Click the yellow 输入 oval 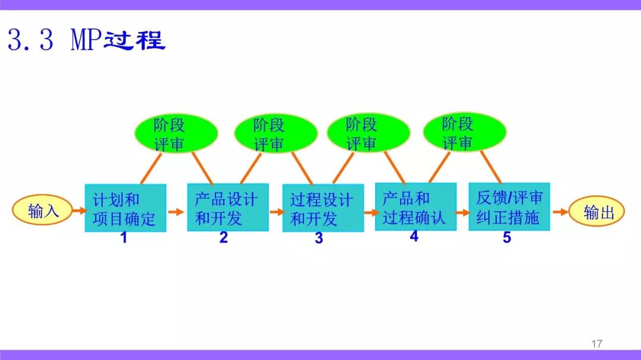(43, 210)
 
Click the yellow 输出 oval (596, 211)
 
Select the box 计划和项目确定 (125, 208)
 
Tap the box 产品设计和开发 (228, 207)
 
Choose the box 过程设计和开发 (323, 208)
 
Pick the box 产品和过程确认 (415, 207)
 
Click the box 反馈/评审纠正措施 (509, 207)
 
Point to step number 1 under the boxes (124, 237)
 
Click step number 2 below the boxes (223, 237)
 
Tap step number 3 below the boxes (319, 238)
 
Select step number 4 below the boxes (414, 236)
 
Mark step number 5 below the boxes (507, 237)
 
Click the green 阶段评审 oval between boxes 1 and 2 (176, 133)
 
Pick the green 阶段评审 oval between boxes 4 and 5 (464, 132)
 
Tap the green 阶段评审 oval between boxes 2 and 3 (276, 133)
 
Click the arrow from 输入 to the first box (80, 211)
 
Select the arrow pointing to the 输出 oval (560, 212)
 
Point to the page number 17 (597, 343)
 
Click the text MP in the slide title (86, 40)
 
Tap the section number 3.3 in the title (31, 40)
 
